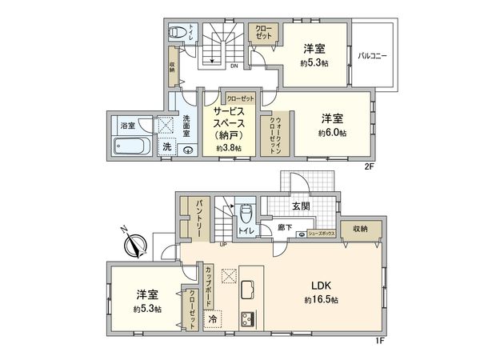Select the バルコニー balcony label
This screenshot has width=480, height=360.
coord(374,55)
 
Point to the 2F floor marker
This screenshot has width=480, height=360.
coord(370,166)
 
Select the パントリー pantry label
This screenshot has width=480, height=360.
coord(195,216)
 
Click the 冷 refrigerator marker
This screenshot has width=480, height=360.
coord(214,318)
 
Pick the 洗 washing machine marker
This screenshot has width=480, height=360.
coord(166,147)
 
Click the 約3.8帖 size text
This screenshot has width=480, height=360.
coord(229,147)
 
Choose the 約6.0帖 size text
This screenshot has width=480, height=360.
coord(333,132)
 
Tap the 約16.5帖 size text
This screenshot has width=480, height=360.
coord(321,300)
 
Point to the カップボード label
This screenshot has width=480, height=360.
coord(209,286)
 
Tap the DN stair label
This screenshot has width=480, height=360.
coord(234,66)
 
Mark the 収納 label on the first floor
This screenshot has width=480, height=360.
coord(358,229)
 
